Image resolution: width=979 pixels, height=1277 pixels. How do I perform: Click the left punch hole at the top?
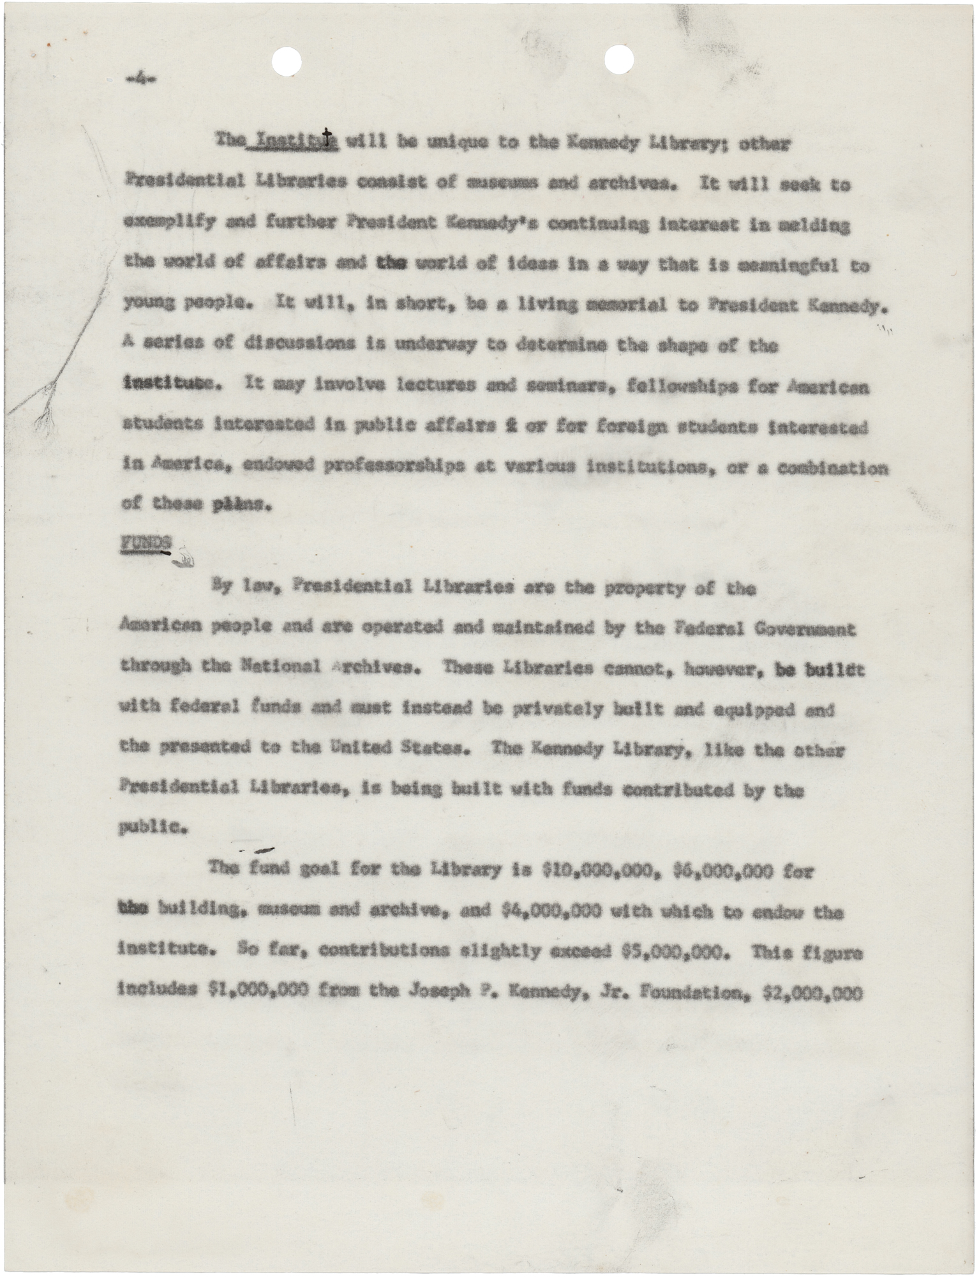(x=286, y=62)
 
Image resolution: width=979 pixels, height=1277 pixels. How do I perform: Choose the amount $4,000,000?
(x=550, y=911)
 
